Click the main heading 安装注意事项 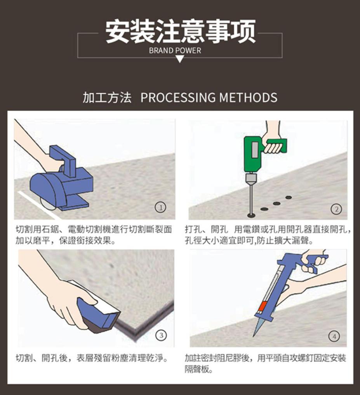click(x=180, y=32)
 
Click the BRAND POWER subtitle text click(x=175, y=51)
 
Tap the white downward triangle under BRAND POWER click(x=180, y=59)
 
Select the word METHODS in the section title click(x=248, y=98)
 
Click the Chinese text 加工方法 click(x=107, y=98)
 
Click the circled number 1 click(x=161, y=208)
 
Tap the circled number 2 click(x=336, y=209)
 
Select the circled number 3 click(x=161, y=335)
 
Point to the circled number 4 click(x=334, y=336)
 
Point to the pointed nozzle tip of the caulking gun click(x=253, y=337)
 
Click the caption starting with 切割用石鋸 click(x=94, y=235)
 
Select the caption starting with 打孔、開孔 click(x=268, y=235)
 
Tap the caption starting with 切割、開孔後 click(x=92, y=358)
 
